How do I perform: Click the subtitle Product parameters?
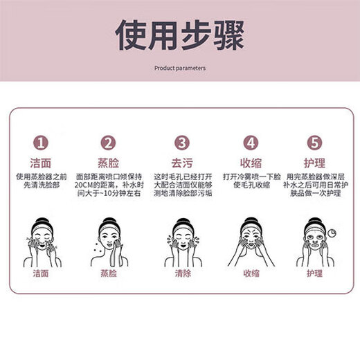point(179,69)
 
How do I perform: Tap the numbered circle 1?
point(42,143)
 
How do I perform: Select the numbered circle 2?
point(108,143)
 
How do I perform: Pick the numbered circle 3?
point(181,143)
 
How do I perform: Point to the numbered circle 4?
point(251,143)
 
